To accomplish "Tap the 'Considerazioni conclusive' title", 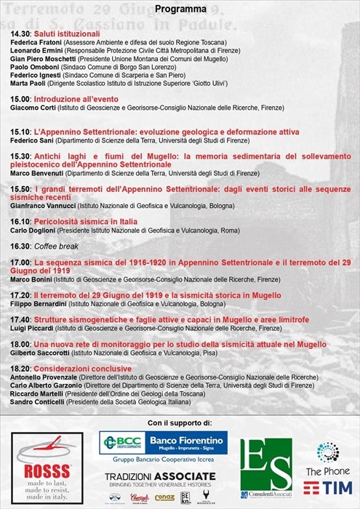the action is pyautogui.click(x=80, y=369).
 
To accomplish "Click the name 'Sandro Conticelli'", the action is pyautogui.click(x=39, y=401).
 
